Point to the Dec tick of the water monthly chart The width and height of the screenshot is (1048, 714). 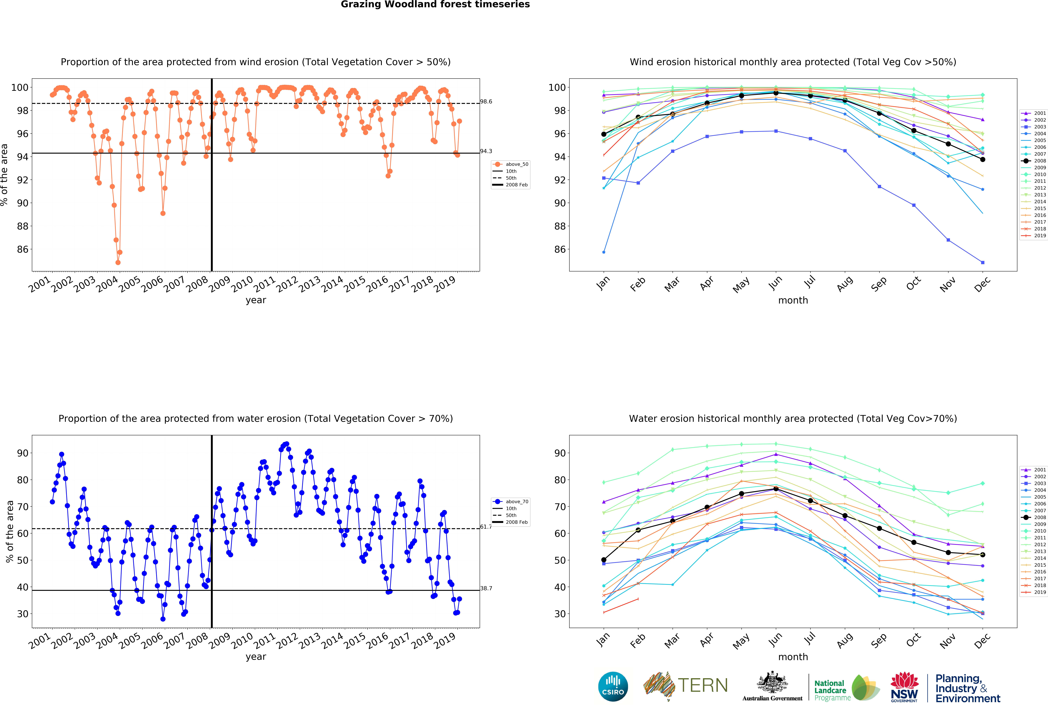click(982, 640)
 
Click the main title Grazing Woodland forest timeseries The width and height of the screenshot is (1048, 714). click(435, 4)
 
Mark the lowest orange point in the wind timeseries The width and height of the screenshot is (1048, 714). click(118, 262)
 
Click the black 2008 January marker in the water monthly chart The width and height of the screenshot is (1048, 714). click(604, 560)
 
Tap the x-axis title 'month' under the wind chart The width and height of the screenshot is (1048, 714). click(793, 300)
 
